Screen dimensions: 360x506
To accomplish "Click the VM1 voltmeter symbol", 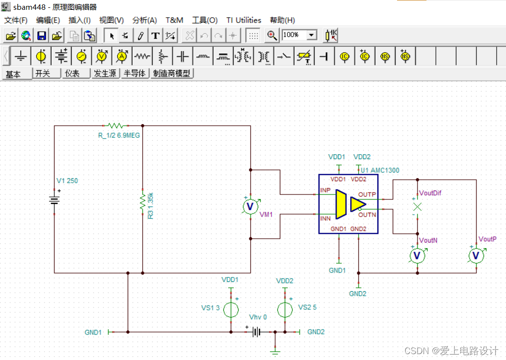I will point(250,205).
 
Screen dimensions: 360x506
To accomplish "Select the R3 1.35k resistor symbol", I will point(142,200).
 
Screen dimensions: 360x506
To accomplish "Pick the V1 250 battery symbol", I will point(54,200).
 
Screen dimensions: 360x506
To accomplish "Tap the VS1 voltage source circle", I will point(231,309).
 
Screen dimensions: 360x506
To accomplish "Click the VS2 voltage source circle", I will point(285,309).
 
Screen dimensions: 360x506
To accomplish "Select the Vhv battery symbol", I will point(256,332).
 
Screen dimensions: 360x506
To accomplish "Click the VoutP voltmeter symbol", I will point(476,255).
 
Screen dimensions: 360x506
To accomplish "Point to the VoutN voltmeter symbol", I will point(417,255).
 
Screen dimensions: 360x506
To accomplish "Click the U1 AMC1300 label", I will point(381,170).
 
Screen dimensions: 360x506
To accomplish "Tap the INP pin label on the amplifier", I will point(325,190).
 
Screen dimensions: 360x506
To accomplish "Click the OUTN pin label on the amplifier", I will point(367,215).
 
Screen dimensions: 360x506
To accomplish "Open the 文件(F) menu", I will point(16,20).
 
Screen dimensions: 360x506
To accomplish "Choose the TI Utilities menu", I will point(243,20).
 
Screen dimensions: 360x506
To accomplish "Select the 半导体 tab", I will point(134,74).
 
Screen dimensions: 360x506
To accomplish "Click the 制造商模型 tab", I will point(172,74).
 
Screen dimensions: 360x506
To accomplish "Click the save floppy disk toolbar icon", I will point(42,35).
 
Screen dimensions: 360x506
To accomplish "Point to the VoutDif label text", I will point(430,193).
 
